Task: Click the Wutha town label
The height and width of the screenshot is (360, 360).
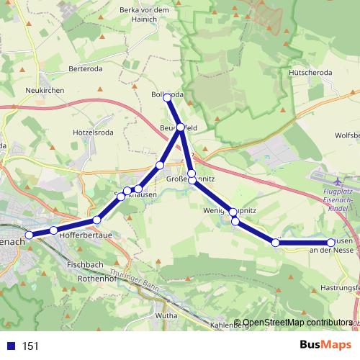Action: pyautogui.click(x=166, y=315)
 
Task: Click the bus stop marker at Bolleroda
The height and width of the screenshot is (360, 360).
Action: pyautogui.click(x=167, y=96)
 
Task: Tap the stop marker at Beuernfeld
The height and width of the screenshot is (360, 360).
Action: pyautogui.click(x=181, y=127)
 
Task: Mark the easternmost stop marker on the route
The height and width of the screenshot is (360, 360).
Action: pyautogui.click(x=330, y=243)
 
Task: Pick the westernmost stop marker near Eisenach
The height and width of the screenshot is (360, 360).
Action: pyautogui.click(x=30, y=235)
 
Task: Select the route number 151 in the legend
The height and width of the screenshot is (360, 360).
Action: pyautogui.click(x=31, y=346)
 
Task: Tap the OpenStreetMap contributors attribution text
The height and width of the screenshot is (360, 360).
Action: pyautogui.click(x=297, y=323)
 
